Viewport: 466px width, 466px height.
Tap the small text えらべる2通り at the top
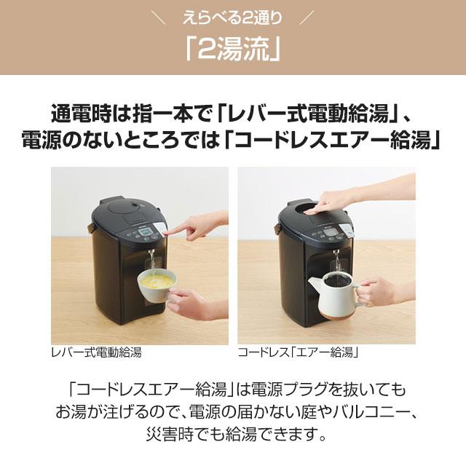pos(233,15)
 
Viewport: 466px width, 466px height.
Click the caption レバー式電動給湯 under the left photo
pos(96,353)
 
